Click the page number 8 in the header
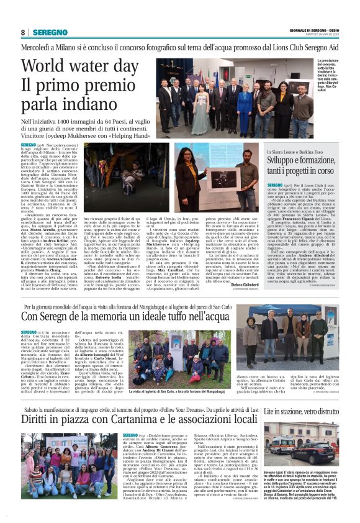pyautogui.click(x=22, y=32)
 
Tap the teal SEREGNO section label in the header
pyautogui.click(x=50, y=32)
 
